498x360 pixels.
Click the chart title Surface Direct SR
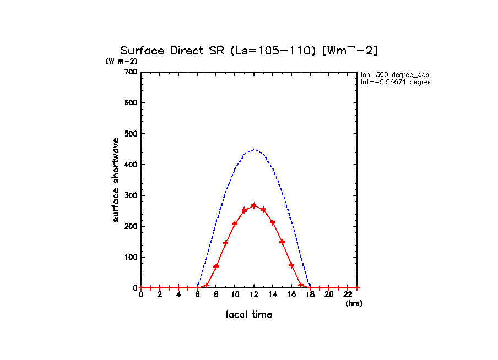click(249, 51)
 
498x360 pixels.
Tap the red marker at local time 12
click(254, 205)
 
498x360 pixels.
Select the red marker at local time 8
click(216, 266)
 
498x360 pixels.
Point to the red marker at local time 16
click(291, 265)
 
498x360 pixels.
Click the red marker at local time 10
click(235, 223)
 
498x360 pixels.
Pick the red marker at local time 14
click(273, 222)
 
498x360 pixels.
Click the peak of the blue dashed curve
click(254, 149)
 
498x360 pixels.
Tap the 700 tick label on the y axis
click(130, 72)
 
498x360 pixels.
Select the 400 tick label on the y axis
click(130, 165)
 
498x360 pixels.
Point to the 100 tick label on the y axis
click(130, 257)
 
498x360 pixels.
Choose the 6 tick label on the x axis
click(197, 294)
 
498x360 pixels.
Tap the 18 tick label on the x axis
click(310, 294)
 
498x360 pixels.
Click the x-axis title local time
click(249, 315)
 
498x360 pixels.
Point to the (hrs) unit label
click(354, 303)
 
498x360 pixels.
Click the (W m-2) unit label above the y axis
click(121, 61)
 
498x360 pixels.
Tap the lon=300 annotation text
click(394, 74)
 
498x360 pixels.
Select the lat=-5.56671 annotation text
click(394, 82)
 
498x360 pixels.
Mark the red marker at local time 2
click(160, 288)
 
